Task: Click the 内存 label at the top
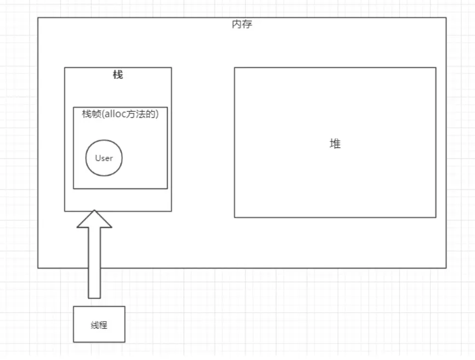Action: click(242, 25)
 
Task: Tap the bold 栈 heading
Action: click(118, 75)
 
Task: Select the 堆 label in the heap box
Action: click(335, 144)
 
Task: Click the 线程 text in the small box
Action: click(99, 325)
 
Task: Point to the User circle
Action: click(104, 158)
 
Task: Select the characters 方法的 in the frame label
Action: click(147, 114)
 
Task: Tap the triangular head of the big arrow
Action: click(94, 219)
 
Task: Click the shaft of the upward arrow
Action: click(94, 263)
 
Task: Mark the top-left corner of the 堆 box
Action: click(234, 67)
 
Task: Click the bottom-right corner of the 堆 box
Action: click(436, 218)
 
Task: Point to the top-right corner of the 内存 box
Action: click(446, 18)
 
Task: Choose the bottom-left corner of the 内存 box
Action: click(38, 268)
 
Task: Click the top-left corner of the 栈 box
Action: click(65, 67)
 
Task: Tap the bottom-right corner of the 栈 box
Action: click(171, 211)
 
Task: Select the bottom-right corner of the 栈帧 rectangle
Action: click(167, 188)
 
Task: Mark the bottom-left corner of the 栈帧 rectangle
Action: click(73, 188)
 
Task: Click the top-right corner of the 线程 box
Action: click(125, 306)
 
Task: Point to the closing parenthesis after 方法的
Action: click(164, 114)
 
